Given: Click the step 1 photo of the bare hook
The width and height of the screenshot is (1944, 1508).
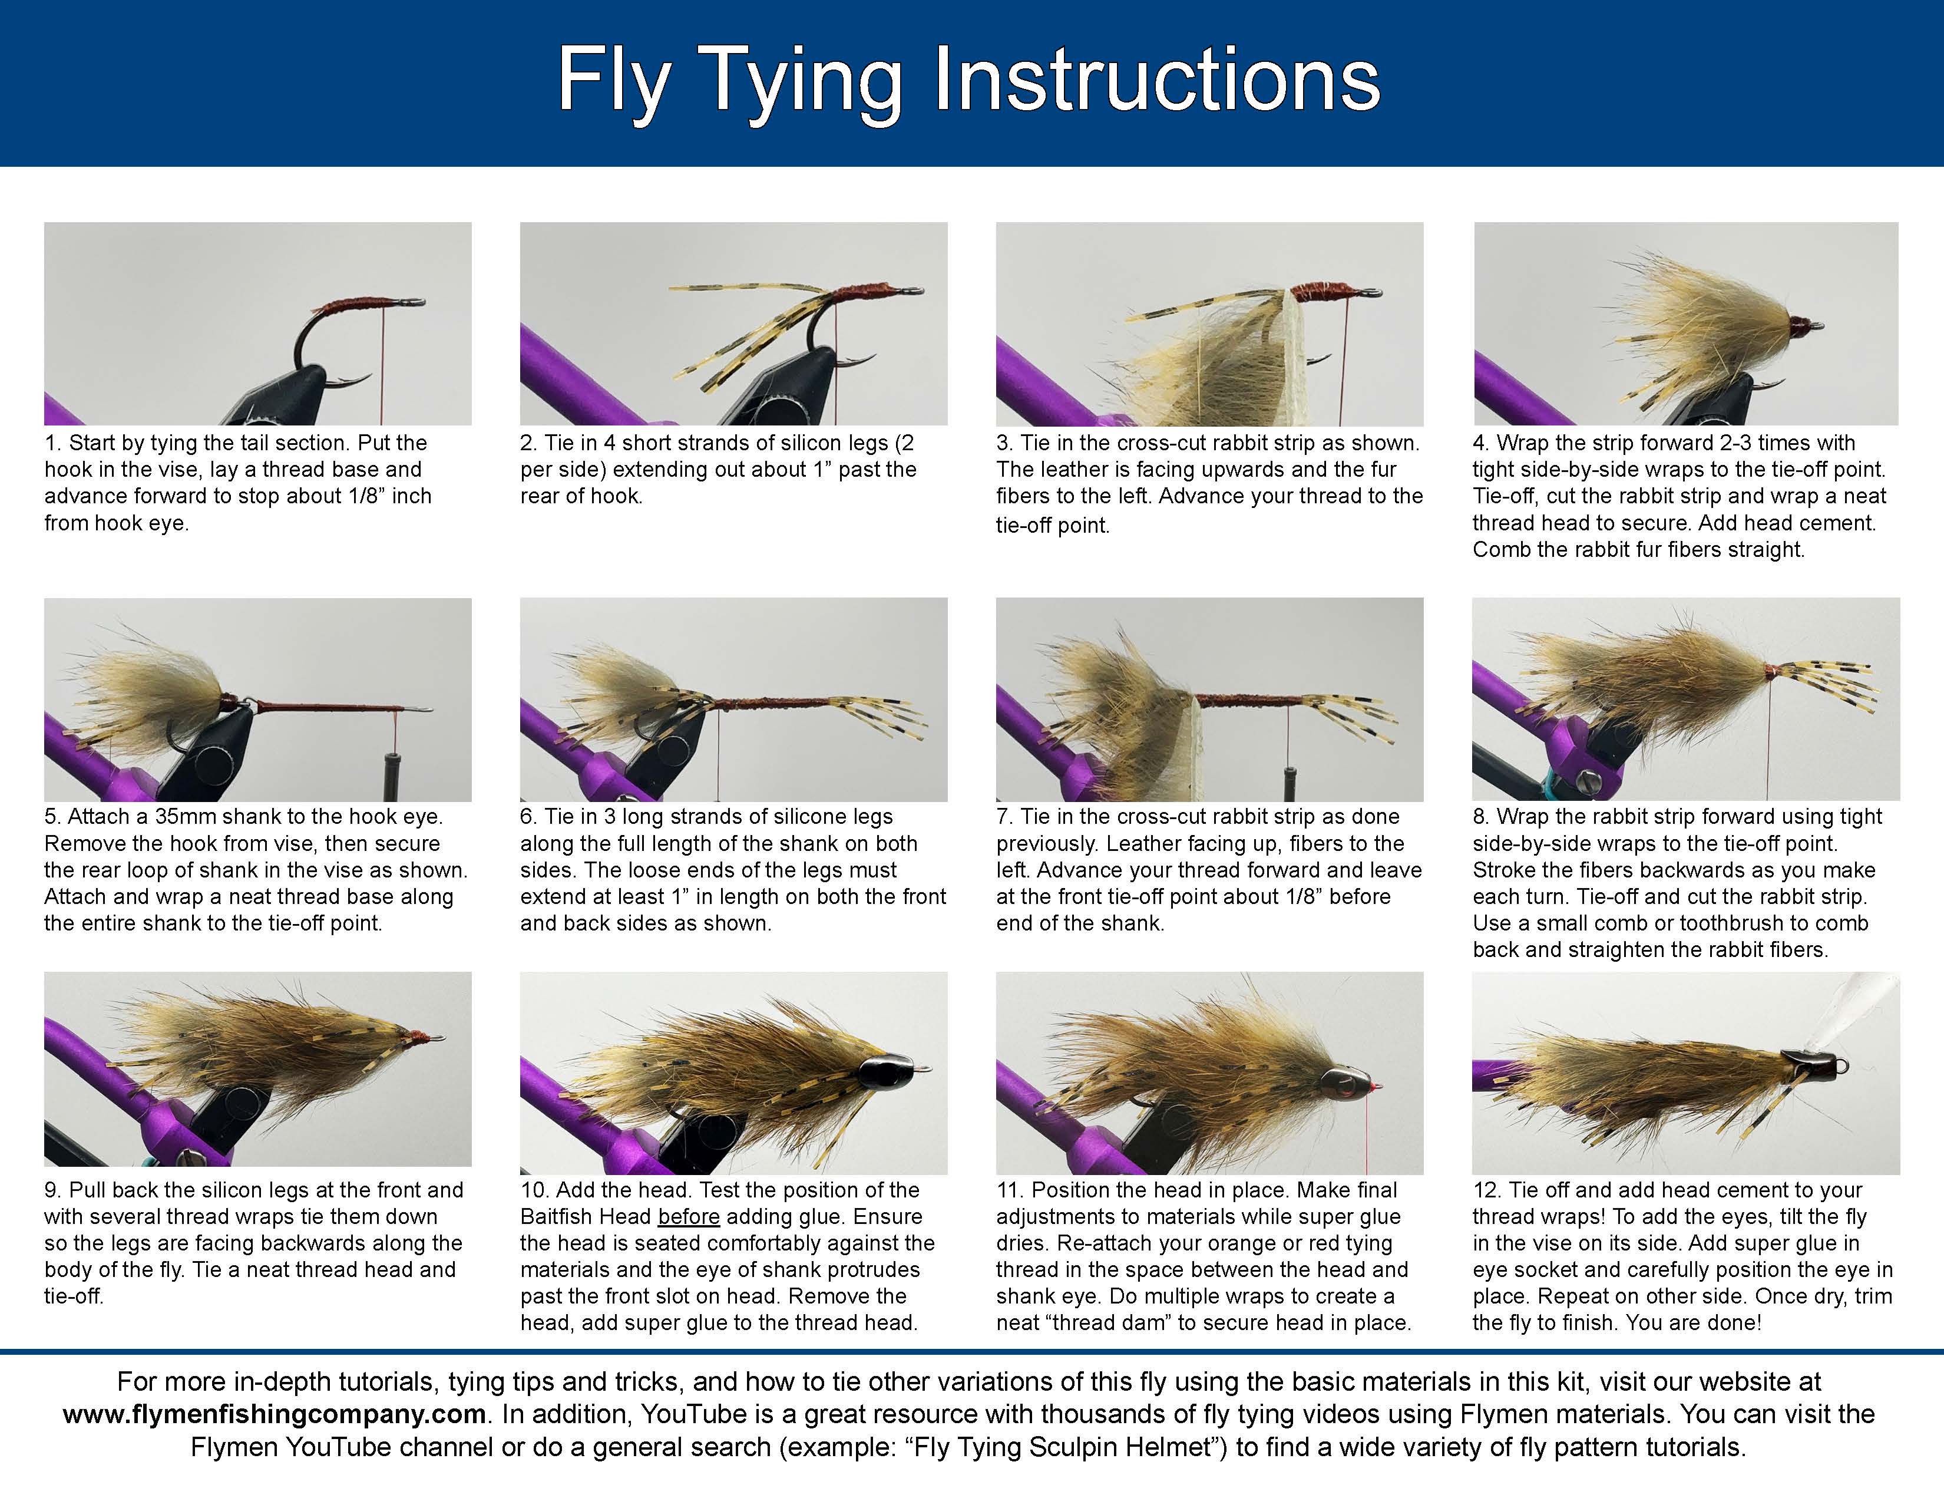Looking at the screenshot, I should pos(257,322).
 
